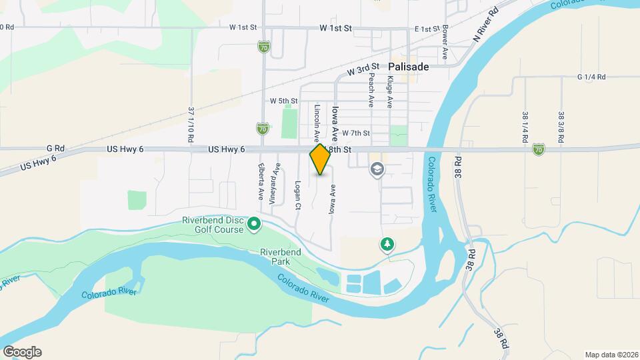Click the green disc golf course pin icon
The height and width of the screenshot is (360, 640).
point(254,225)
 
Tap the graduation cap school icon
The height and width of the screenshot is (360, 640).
point(377,170)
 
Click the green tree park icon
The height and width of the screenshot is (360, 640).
point(387,245)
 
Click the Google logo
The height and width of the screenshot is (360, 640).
point(22,351)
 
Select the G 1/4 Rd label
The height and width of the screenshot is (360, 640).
point(591,77)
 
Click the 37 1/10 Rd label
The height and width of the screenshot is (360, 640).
point(191,125)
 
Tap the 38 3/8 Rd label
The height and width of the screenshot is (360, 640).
point(561,125)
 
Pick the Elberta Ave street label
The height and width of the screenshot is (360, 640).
point(261,182)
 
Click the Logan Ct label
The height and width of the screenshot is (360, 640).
point(297,193)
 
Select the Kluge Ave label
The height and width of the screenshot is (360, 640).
point(389,92)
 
